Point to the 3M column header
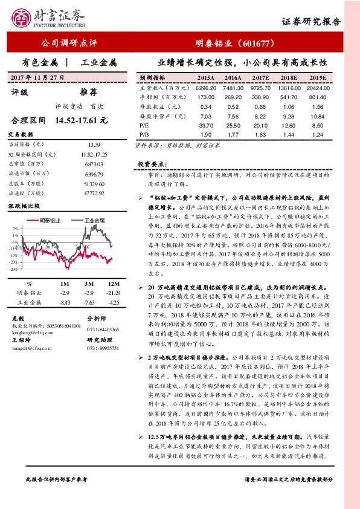[88, 283]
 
